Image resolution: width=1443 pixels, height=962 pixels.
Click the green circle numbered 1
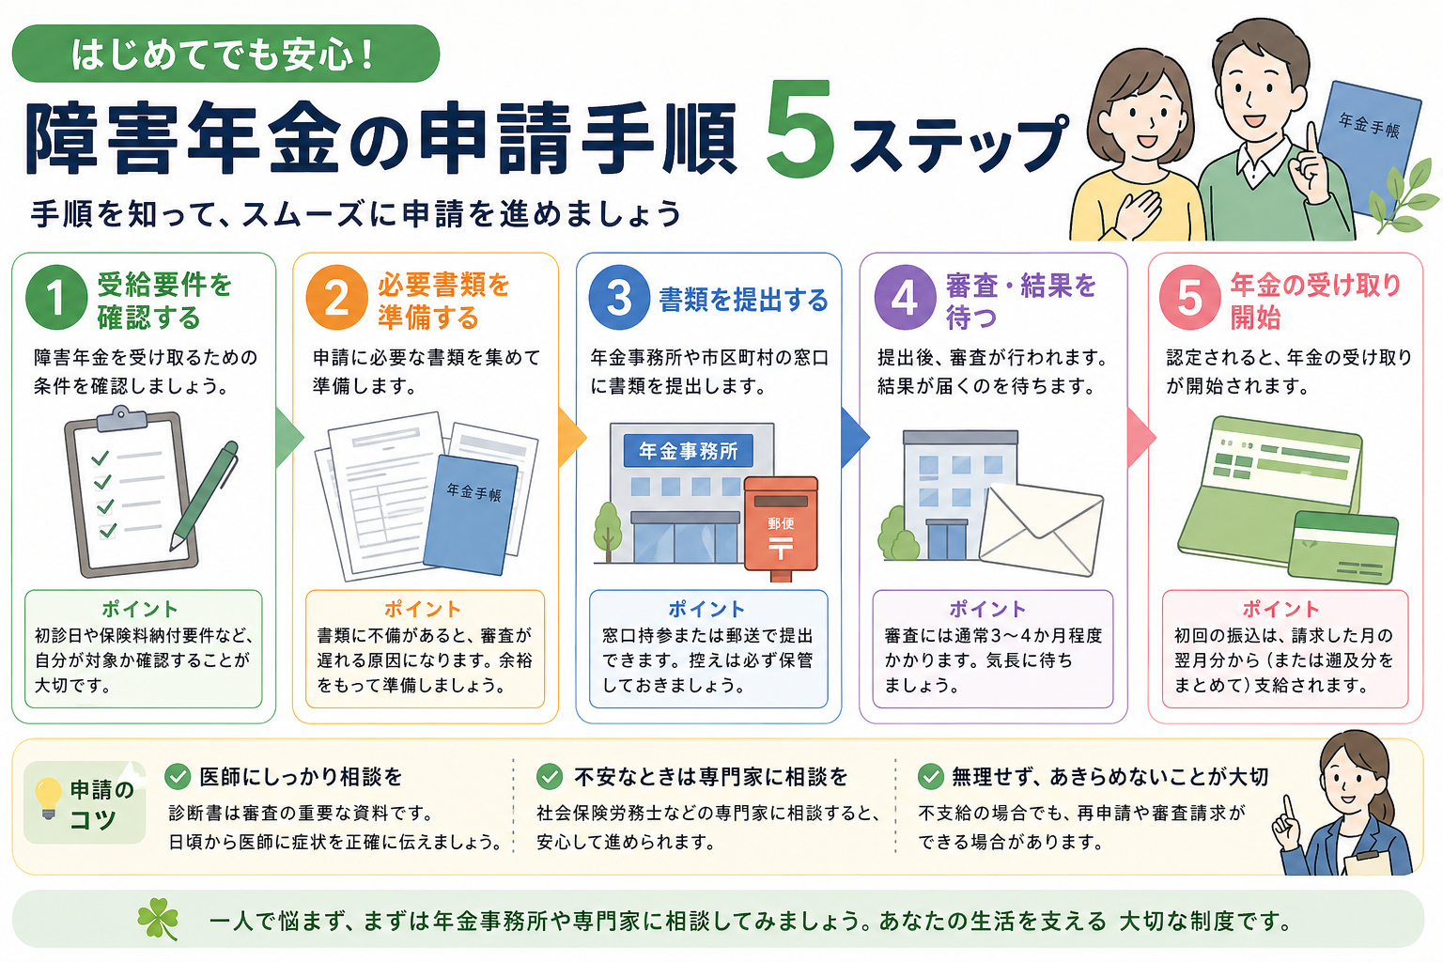point(56,298)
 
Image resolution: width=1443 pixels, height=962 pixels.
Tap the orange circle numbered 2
point(337,298)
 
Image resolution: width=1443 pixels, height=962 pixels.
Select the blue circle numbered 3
point(619,298)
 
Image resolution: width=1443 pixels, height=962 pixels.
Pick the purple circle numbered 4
point(905,298)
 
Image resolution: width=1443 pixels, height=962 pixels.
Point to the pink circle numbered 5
point(1189,298)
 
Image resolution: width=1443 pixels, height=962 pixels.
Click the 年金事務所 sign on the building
point(688,451)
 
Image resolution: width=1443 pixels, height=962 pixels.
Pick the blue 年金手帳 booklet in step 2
point(471,515)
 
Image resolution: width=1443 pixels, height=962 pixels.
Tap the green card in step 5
point(1343,548)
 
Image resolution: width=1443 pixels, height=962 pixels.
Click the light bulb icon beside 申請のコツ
point(47,798)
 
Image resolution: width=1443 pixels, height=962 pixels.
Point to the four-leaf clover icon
point(158,919)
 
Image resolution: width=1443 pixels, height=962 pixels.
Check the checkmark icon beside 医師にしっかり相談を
point(178,776)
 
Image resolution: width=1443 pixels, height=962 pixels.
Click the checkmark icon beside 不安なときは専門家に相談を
point(550,776)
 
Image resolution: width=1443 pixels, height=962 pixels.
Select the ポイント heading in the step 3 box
point(706,609)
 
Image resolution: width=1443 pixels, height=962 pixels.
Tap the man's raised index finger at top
point(1307,141)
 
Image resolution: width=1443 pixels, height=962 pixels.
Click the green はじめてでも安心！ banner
point(225,54)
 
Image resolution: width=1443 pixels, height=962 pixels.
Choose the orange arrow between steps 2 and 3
point(570,437)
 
